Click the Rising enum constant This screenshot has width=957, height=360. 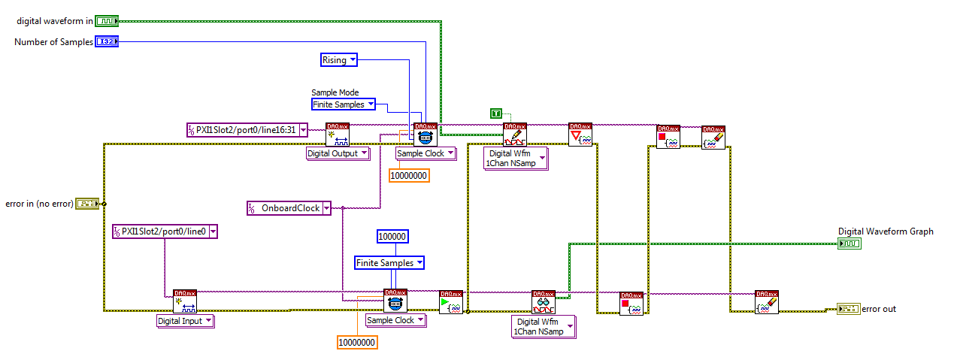click(x=339, y=60)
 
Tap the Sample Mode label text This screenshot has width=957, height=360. click(x=335, y=92)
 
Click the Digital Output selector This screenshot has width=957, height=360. click(x=338, y=153)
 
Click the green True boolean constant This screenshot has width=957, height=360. click(x=496, y=113)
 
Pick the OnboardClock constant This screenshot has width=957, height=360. click(x=289, y=208)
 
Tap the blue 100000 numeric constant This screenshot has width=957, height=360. click(x=392, y=237)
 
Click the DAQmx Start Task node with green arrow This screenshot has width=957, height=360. click(x=451, y=302)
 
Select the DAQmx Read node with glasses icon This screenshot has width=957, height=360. click(x=543, y=302)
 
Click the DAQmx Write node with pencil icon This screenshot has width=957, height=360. click(x=514, y=135)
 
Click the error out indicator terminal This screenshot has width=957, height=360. click(x=848, y=309)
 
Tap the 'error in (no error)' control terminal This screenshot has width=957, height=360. click(x=87, y=203)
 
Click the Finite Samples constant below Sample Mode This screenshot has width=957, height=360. click(x=343, y=104)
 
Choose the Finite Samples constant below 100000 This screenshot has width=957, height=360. click(x=389, y=263)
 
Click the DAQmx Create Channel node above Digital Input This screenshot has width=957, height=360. click(x=185, y=301)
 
